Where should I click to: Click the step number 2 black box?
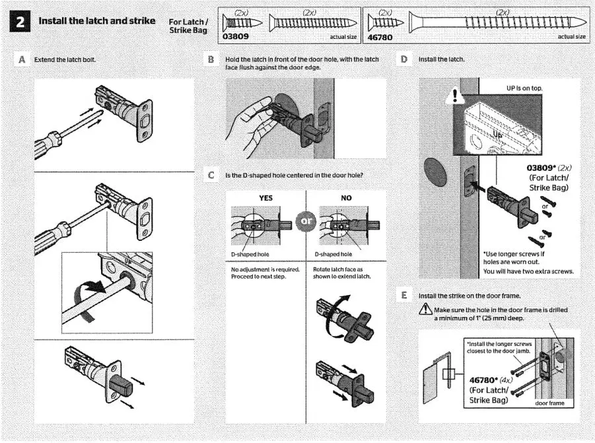[20, 22]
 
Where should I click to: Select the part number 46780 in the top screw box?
[379, 37]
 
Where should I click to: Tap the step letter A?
[20, 59]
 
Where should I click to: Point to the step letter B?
[212, 59]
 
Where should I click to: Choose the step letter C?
[211, 175]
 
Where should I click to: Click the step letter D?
[404, 59]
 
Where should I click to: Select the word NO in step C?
[346, 197]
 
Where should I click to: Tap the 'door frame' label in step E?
[549, 403]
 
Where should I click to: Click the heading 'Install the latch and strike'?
[96, 21]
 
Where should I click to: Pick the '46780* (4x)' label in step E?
[493, 381]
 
